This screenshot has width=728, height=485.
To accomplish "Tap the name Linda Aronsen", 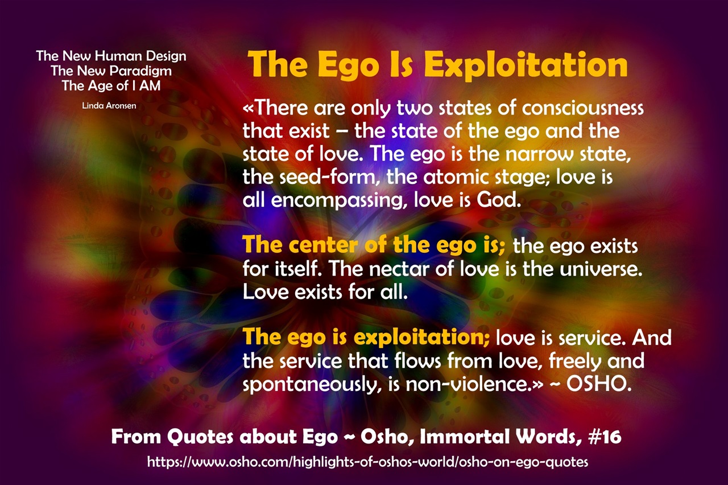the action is coord(109,106).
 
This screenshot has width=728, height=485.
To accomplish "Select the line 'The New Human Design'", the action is coord(111,56).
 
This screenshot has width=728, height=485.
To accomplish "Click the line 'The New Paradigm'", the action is coord(111,71).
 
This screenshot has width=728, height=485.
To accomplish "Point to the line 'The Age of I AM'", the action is coord(111,86).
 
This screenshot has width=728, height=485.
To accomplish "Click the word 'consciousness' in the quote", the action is coord(583,108).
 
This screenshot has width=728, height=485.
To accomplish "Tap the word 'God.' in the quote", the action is coord(499,200).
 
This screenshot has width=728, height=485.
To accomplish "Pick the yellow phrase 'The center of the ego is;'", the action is coord(374,245).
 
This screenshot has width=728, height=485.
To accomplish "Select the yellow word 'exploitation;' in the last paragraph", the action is coord(421,338).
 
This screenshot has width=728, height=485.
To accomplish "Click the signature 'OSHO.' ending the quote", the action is coord(599,384).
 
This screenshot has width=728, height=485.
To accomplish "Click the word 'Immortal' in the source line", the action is coord(465,437).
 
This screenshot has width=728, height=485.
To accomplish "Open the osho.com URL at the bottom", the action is coord(367,462).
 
